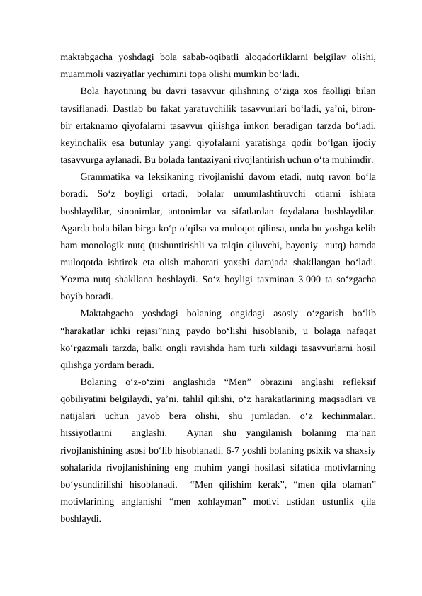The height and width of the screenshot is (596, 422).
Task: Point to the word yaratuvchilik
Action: pyautogui.click(x=218, y=110)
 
